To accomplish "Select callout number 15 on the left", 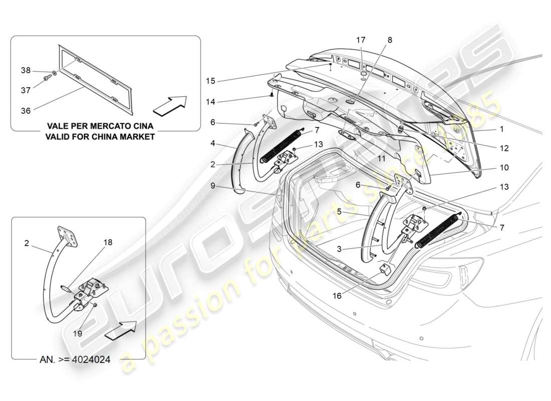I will point(211,80).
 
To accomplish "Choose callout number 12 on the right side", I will point(504,148).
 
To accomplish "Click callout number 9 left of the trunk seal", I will point(212,185).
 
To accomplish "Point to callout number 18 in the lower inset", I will point(108,242).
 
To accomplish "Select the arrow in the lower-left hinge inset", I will point(121,330).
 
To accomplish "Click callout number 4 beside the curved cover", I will point(212,143).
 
